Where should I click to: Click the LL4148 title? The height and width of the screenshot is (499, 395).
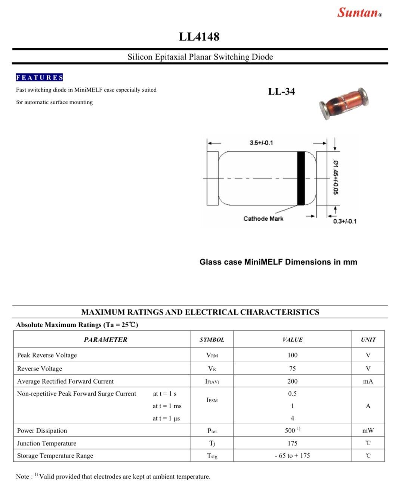tap(199, 37)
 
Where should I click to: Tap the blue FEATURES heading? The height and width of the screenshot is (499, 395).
tap(39, 78)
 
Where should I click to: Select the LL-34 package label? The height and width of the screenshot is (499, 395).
tap(281, 92)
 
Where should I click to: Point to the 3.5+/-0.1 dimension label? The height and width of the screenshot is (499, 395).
tap(261, 143)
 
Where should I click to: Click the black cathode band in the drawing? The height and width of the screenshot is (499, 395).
tap(301, 178)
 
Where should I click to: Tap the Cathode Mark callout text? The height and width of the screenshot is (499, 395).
tap(263, 219)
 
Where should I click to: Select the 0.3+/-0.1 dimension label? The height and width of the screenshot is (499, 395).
tap(345, 221)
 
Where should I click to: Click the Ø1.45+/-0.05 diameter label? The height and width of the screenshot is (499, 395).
tap(336, 177)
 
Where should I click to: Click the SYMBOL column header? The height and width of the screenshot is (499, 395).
tap(212, 340)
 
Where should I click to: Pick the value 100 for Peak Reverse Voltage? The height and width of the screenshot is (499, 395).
tap(292, 355)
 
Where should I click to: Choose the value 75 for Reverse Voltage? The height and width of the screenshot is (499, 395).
tap(292, 369)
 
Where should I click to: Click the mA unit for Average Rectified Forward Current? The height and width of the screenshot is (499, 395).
tap(368, 381)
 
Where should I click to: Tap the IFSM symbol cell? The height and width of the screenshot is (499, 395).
tap(212, 400)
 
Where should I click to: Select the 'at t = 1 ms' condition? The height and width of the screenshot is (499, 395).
tap(167, 406)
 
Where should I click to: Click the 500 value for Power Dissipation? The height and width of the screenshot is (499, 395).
tap(290, 431)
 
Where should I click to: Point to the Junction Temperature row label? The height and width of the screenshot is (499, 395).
tap(47, 443)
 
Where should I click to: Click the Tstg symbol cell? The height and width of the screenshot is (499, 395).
tap(212, 456)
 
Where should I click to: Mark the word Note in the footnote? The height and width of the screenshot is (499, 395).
tap(22, 477)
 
